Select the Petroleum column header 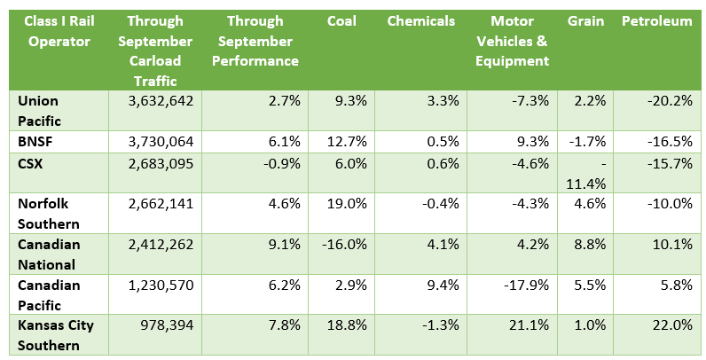[x=656, y=21]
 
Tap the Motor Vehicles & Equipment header [x=520, y=41]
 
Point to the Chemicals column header [x=420, y=21]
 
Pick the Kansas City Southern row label [x=56, y=334]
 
